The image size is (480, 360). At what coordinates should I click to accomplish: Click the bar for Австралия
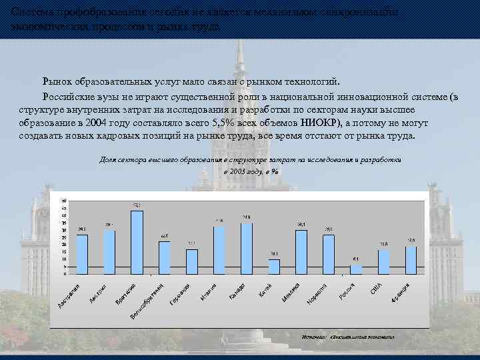(82, 254)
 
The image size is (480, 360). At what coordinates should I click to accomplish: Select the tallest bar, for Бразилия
(137, 242)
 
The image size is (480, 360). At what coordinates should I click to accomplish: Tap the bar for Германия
(192, 261)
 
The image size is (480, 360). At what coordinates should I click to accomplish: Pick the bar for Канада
(247, 248)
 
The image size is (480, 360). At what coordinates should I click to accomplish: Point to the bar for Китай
(274, 266)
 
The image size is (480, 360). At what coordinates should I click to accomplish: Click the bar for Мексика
(301, 251)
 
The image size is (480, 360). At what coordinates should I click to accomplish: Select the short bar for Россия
(356, 269)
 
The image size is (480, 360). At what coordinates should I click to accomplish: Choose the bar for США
(383, 261)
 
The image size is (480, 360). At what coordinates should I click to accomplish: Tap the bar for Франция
(411, 260)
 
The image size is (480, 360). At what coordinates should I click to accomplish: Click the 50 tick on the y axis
(64, 201)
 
